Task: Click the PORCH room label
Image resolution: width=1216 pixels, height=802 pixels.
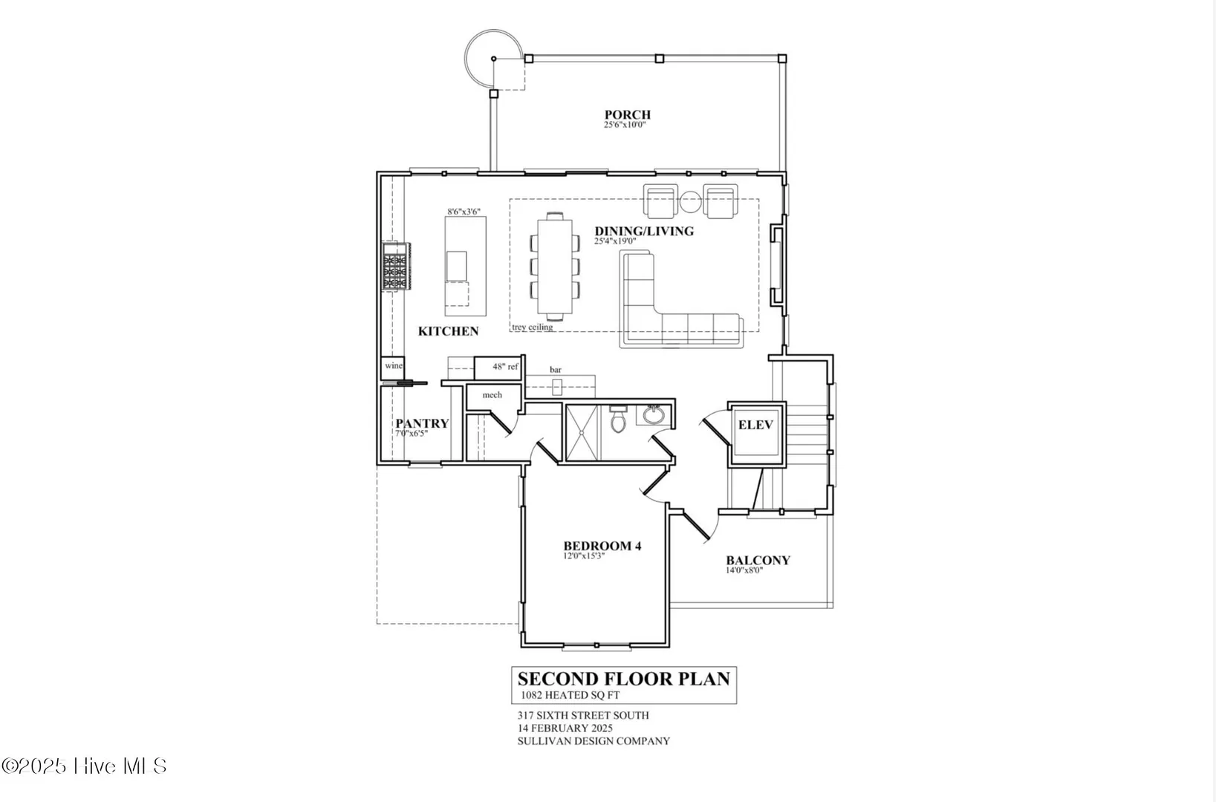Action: click(628, 114)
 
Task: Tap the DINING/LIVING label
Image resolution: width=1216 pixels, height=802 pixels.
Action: click(644, 231)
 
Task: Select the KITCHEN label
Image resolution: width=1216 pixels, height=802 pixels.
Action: click(449, 331)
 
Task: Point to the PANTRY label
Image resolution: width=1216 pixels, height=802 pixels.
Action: click(422, 423)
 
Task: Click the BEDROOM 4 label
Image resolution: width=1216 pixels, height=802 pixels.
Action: click(602, 546)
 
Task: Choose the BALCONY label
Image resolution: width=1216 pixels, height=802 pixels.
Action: click(758, 561)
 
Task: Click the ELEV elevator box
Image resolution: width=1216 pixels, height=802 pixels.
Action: click(756, 434)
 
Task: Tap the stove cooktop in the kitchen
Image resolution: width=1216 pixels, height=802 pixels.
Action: click(396, 267)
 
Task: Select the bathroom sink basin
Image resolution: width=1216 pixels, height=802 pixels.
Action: click(653, 415)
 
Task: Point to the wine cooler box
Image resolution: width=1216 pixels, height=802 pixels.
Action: click(392, 368)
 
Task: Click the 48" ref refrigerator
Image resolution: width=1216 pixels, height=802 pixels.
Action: click(498, 368)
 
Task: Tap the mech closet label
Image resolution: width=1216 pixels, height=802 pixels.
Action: click(492, 395)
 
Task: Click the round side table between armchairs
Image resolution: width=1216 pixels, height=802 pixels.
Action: click(691, 202)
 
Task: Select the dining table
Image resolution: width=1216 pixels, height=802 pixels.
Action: click(555, 266)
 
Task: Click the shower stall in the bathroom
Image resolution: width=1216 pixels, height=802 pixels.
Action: click(582, 433)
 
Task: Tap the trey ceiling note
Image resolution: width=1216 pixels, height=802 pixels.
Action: click(533, 327)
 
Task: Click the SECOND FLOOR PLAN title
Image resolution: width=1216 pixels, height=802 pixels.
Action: click(624, 679)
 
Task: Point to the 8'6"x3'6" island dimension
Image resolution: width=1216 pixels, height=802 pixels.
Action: click(464, 212)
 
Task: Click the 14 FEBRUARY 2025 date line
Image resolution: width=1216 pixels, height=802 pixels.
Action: click(565, 728)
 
